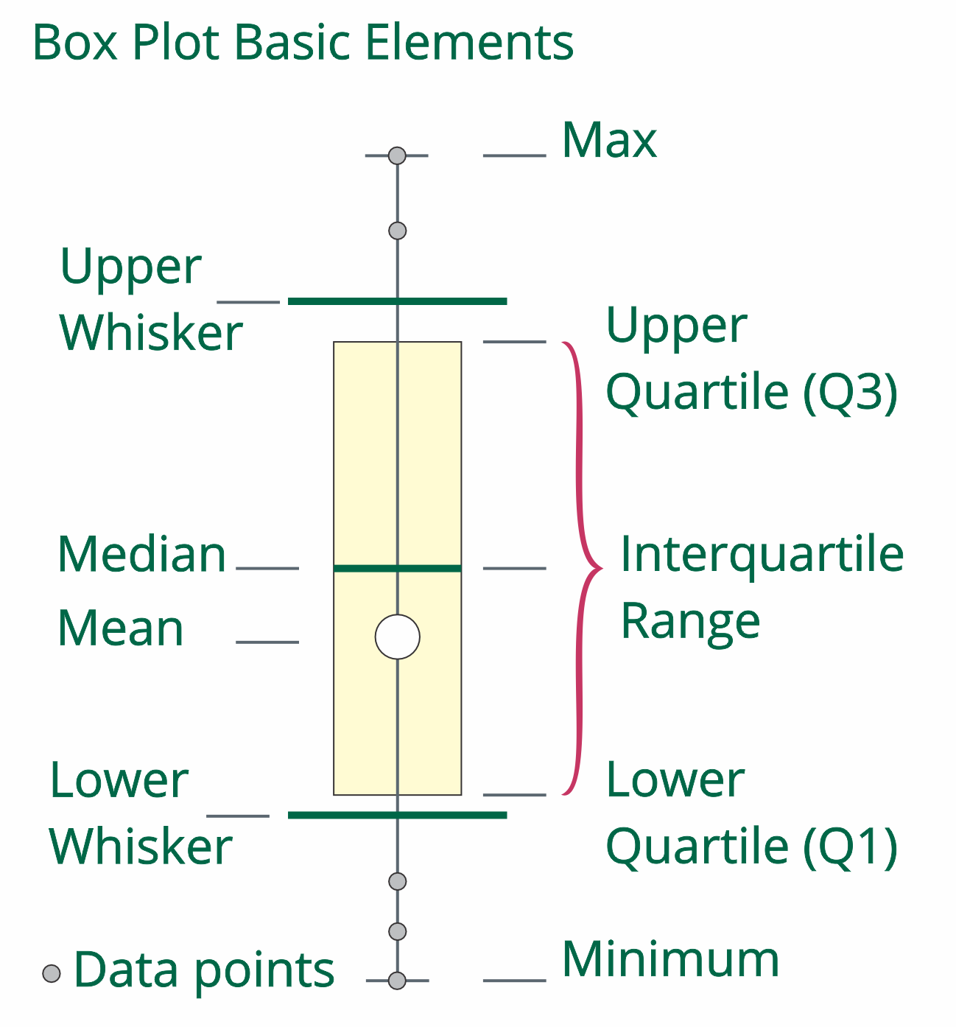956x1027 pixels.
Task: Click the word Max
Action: pos(608,140)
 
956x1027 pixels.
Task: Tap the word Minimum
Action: pos(670,959)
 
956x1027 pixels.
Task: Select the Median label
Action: pos(141,554)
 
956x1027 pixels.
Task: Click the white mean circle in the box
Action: pos(398,637)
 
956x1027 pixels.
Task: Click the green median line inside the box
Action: pos(368,568)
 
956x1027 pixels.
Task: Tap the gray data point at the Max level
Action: pos(398,155)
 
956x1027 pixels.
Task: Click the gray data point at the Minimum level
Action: pos(398,981)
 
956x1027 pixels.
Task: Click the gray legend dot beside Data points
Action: pos(52,973)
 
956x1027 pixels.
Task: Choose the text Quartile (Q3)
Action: pos(751,392)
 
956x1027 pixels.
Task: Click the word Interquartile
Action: pos(762,555)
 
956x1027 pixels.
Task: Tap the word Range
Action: pos(690,621)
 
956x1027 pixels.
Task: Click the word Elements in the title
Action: pos(469,42)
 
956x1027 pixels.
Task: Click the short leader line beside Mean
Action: pos(267,642)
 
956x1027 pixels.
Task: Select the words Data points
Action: pos(204,970)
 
